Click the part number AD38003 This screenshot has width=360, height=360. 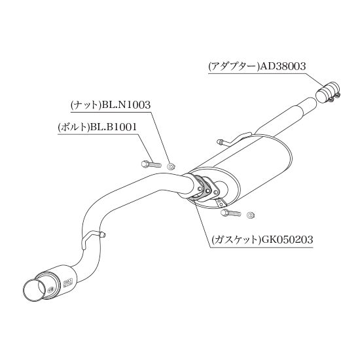coord(283,66)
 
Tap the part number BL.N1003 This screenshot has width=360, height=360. coord(126,105)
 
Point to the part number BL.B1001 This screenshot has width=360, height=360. coord(113,127)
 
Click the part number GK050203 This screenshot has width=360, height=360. coord(286,240)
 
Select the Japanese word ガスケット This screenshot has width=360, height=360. coord(236,240)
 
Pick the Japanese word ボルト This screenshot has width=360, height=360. coord(74,127)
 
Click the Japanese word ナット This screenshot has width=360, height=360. coord(87,105)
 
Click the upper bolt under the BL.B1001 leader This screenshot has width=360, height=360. coord(151,164)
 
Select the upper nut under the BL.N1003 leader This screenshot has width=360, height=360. coord(171,166)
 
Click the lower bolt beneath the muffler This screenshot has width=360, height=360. coord(230,213)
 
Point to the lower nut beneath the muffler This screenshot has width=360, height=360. coord(251,215)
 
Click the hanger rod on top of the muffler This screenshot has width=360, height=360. coord(233,139)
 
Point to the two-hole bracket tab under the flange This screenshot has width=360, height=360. coord(221,202)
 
